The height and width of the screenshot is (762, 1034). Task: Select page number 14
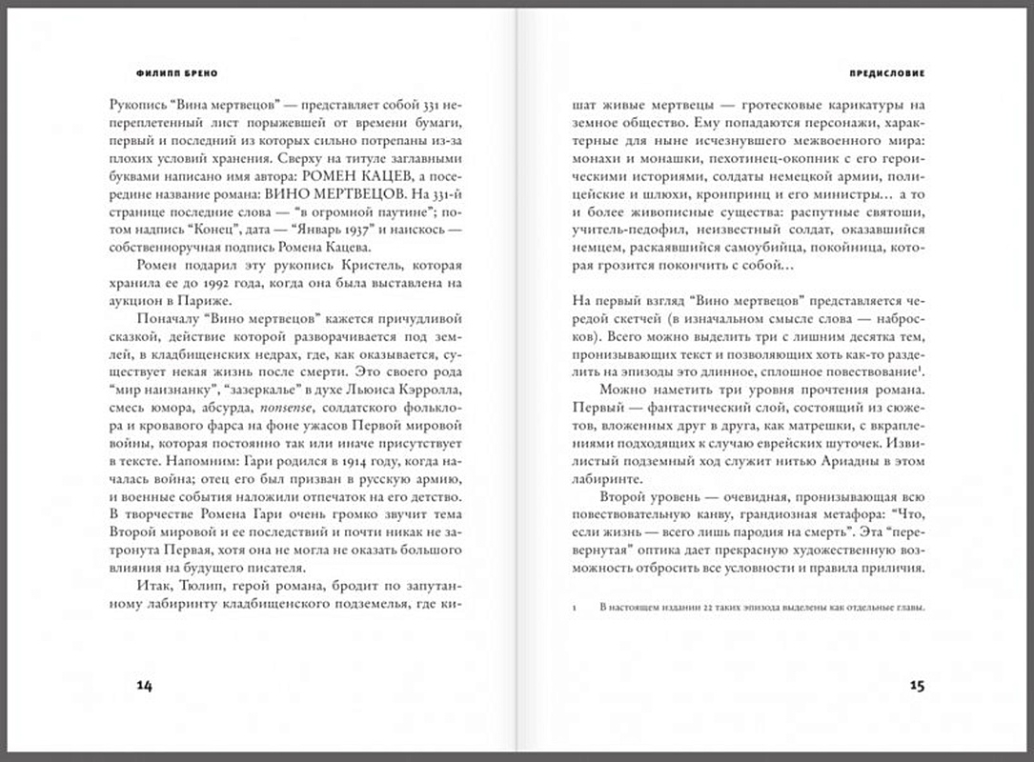(x=145, y=685)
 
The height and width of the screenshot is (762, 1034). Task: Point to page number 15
(x=917, y=685)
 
